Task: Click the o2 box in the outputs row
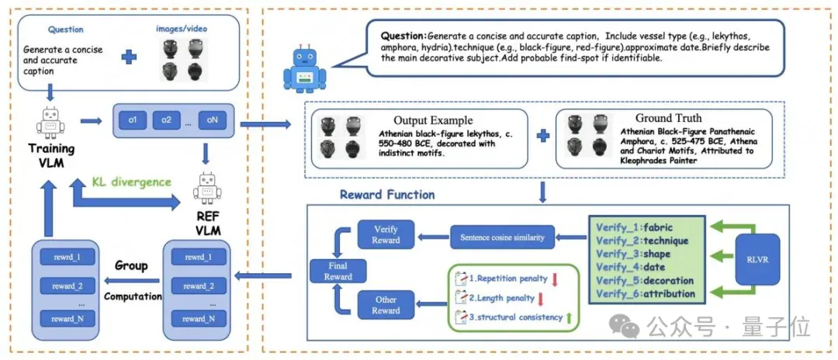167,119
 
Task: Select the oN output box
212,119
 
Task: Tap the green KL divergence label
131,182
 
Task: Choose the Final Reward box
338,271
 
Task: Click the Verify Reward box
386,234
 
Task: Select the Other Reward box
386,305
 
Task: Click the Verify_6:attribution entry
646,294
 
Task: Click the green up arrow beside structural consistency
570,317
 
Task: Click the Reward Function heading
387,195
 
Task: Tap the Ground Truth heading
668,117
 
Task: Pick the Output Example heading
434,120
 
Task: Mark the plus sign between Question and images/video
128,58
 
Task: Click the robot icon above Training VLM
50,123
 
